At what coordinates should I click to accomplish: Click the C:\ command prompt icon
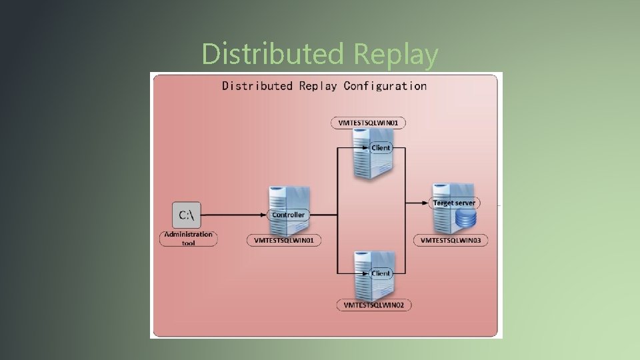pyautogui.click(x=186, y=215)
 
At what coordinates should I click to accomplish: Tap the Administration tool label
pyautogui.click(x=189, y=238)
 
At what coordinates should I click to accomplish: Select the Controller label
pyautogui.click(x=289, y=215)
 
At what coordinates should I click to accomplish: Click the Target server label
pyautogui.click(x=454, y=203)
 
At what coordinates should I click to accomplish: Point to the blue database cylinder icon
pyautogui.click(x=466, y=218)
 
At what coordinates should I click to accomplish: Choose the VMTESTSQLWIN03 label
pyautogui.click(x=451, y=239)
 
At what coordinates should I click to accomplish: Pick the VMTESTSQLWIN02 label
pyautogui.click(x=373, y=305)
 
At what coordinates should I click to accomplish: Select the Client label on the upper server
pyautogui.click(x=381, y=147)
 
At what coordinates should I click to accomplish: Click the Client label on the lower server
pyautogui.click(x=381, y=273)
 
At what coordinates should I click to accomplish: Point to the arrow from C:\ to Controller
pyautogui.click(x=233, y=215)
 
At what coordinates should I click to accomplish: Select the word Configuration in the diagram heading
pyautogui.click(x=385, y=86)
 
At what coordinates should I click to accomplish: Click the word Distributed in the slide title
pyautogui.click(x=274, y=54)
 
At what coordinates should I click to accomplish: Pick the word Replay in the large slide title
pyautogui.click(x=397, y=54)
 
